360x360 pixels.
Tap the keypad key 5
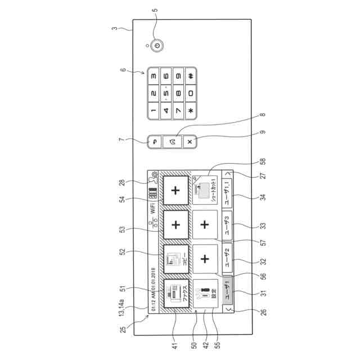click(166, 92)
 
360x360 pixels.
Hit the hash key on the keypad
click(191, 76)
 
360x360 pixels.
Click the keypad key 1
click(154, 111)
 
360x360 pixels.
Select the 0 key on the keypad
click(191, 92)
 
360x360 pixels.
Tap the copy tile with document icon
click(175, 259)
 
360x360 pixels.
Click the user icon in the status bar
click(152, 181)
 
